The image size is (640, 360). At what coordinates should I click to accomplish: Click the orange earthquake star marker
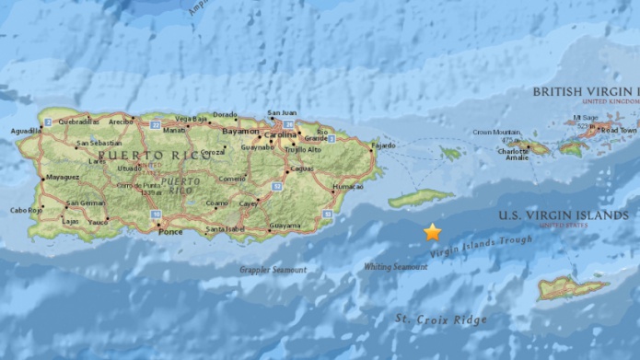[x=433, y=232]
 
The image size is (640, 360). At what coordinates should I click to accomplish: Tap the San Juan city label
[x=282, y=113]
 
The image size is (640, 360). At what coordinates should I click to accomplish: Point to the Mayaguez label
[x=62, y=176]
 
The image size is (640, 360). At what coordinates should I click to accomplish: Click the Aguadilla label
[x=26, y=132]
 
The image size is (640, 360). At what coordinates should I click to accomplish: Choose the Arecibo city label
[x=120, y=121]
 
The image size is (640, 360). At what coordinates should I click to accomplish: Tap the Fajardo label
[x=383, y=145]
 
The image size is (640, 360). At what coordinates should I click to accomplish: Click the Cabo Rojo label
[x=25, y=210]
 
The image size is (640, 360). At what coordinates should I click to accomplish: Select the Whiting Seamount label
[x=396, y=267]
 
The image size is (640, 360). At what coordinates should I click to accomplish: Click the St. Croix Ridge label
[x=441, y=319]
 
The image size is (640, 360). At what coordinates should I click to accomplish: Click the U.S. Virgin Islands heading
[x=562, y=215]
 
